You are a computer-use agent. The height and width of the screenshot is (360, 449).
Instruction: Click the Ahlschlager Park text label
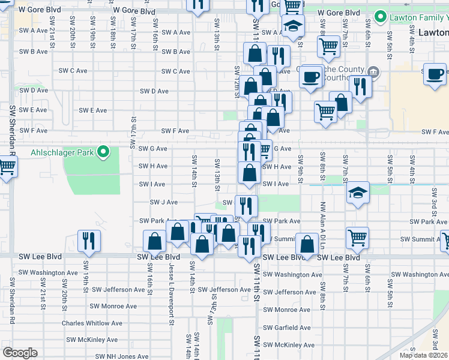pos(63,152)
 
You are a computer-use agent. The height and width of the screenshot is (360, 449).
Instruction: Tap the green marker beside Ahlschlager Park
pos(103,152)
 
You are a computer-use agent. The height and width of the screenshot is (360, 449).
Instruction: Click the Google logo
pos(20,353)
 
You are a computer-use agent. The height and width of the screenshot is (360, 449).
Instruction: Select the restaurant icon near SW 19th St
pos(89,241)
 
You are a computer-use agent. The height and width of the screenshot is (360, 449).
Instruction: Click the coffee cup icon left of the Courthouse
pos(310,77)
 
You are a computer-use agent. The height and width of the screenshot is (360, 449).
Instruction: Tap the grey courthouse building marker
pos(373,73)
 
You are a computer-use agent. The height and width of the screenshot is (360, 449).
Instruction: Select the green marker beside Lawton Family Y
pos(379,16)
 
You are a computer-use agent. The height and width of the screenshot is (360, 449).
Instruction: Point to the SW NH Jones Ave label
pos(123,356)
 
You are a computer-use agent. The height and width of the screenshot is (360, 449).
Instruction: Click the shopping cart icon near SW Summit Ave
pos(357,238)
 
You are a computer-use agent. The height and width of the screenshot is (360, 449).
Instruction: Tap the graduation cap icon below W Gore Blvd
pos(293,26)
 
